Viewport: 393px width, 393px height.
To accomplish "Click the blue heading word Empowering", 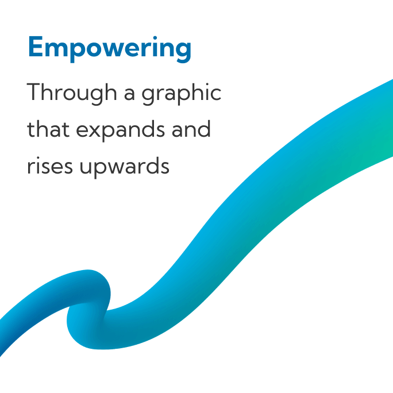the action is click(x=110, y=49).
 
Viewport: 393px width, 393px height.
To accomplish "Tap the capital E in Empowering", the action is click(x=36, y=47).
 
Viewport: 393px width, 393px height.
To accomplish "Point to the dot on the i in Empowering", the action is click(x=155, y=38).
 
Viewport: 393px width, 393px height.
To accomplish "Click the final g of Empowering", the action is click(x=182, y=52).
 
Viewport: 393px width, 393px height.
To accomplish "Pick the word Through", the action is click(x=72, y=93).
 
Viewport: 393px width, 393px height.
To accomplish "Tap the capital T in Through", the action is click(x=35, y=91).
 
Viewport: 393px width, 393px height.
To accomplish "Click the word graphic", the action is click(x=182, y=93).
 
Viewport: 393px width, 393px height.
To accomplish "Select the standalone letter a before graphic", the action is click(x=130, y=94).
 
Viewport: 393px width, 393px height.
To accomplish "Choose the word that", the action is click(x=48, y=129).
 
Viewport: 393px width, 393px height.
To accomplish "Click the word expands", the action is click(x=120, y=130).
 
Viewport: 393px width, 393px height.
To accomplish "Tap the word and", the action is click(x=191, y=129).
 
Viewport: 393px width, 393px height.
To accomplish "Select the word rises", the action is click(x=50, y=165).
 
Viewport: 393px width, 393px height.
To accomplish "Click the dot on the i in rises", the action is click(x=37, y=158).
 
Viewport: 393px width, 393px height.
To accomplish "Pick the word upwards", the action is click(x=125, y=167).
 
